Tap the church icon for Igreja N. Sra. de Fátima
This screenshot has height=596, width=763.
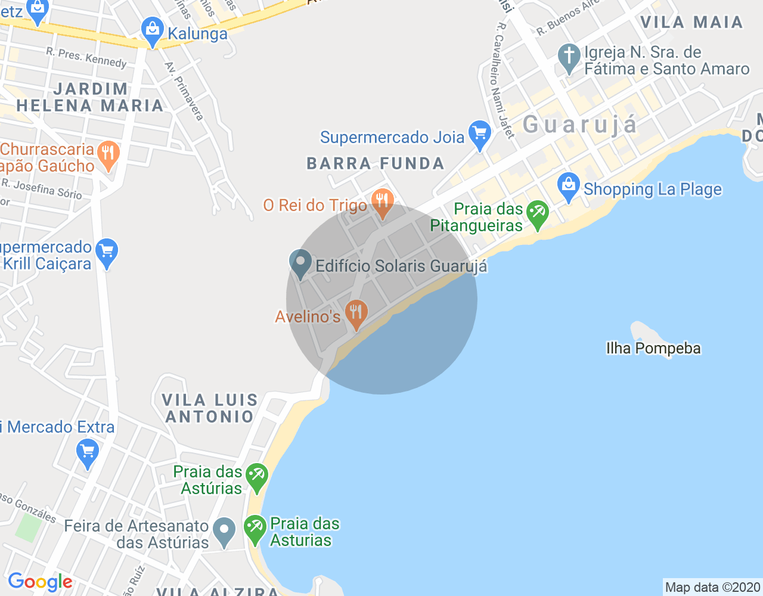(x=569, y=57)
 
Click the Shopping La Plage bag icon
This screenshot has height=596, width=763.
(x=569, y=187)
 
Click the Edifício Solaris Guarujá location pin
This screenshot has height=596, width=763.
(x=300, y=263)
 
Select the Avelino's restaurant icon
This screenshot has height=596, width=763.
(x=356, y=313)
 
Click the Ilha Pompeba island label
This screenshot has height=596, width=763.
(x=653, y=348)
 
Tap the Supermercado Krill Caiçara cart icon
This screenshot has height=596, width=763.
(x=107, y=252)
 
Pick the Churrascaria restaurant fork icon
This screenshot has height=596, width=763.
(x=108, y=154)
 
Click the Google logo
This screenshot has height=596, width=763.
(x=40, y=582)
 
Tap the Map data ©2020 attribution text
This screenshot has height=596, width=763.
(x=712, y=588)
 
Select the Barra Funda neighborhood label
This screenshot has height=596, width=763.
(x=376, y=163)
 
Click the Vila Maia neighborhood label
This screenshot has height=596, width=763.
(x=691, y=22)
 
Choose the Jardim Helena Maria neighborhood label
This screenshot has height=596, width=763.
(x=90, y=97)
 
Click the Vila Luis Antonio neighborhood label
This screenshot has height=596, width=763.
(x=210, y=408)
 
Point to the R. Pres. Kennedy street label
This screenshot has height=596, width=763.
(x=86, y=58)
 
